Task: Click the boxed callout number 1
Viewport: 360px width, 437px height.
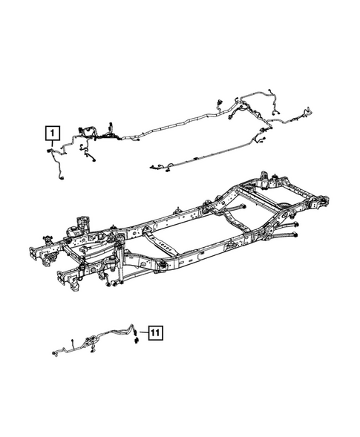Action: coord(51,134)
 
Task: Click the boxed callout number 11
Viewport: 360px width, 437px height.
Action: coord(154,332)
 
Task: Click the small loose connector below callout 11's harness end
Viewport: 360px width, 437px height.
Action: coord(137,342)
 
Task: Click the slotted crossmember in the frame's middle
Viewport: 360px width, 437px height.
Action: coord(166,245)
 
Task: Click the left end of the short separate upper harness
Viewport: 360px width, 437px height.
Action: coord(151,166)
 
